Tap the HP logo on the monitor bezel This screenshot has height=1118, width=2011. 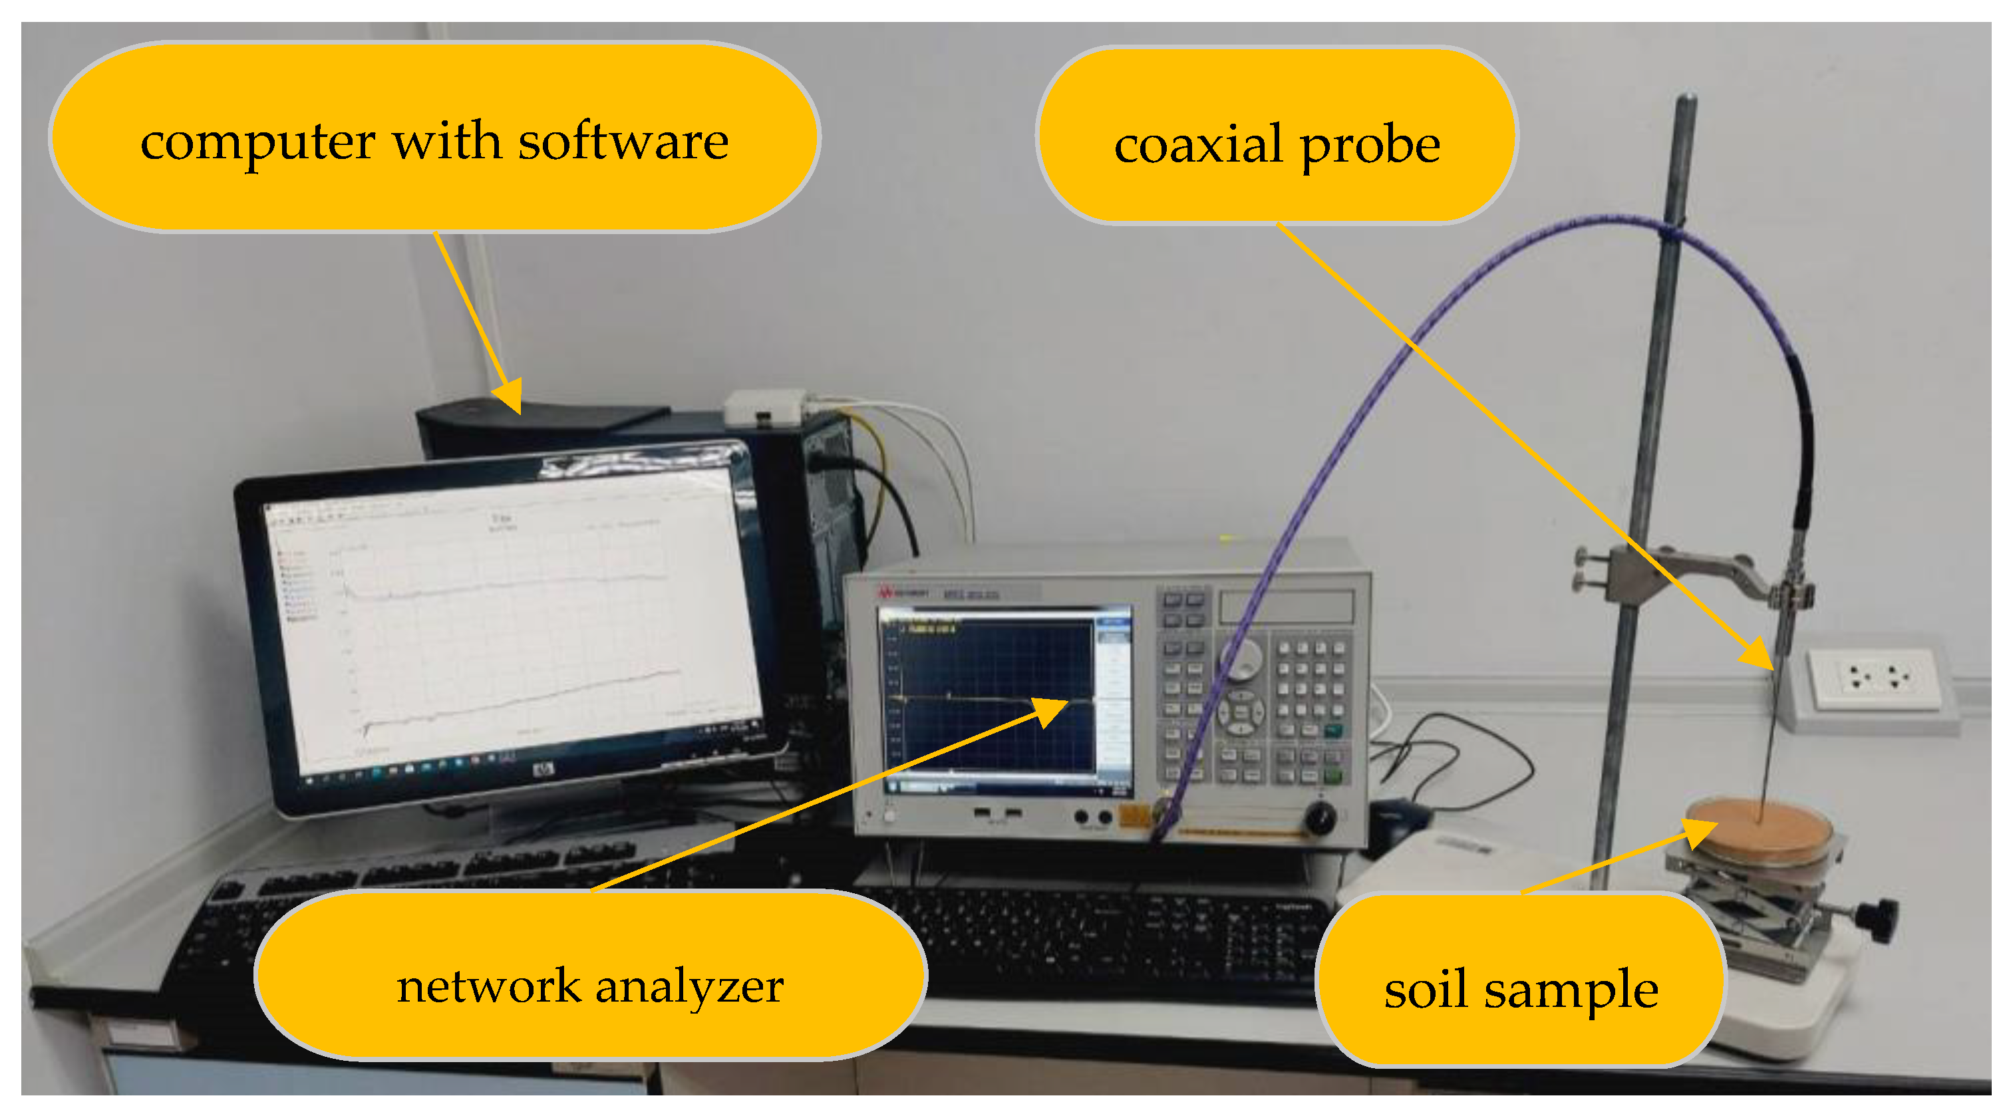543,771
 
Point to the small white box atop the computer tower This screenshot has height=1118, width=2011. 764,408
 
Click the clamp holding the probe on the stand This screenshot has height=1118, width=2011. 1787,593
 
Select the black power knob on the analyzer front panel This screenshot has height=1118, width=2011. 1319,817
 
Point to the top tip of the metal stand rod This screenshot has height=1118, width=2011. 1686,100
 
